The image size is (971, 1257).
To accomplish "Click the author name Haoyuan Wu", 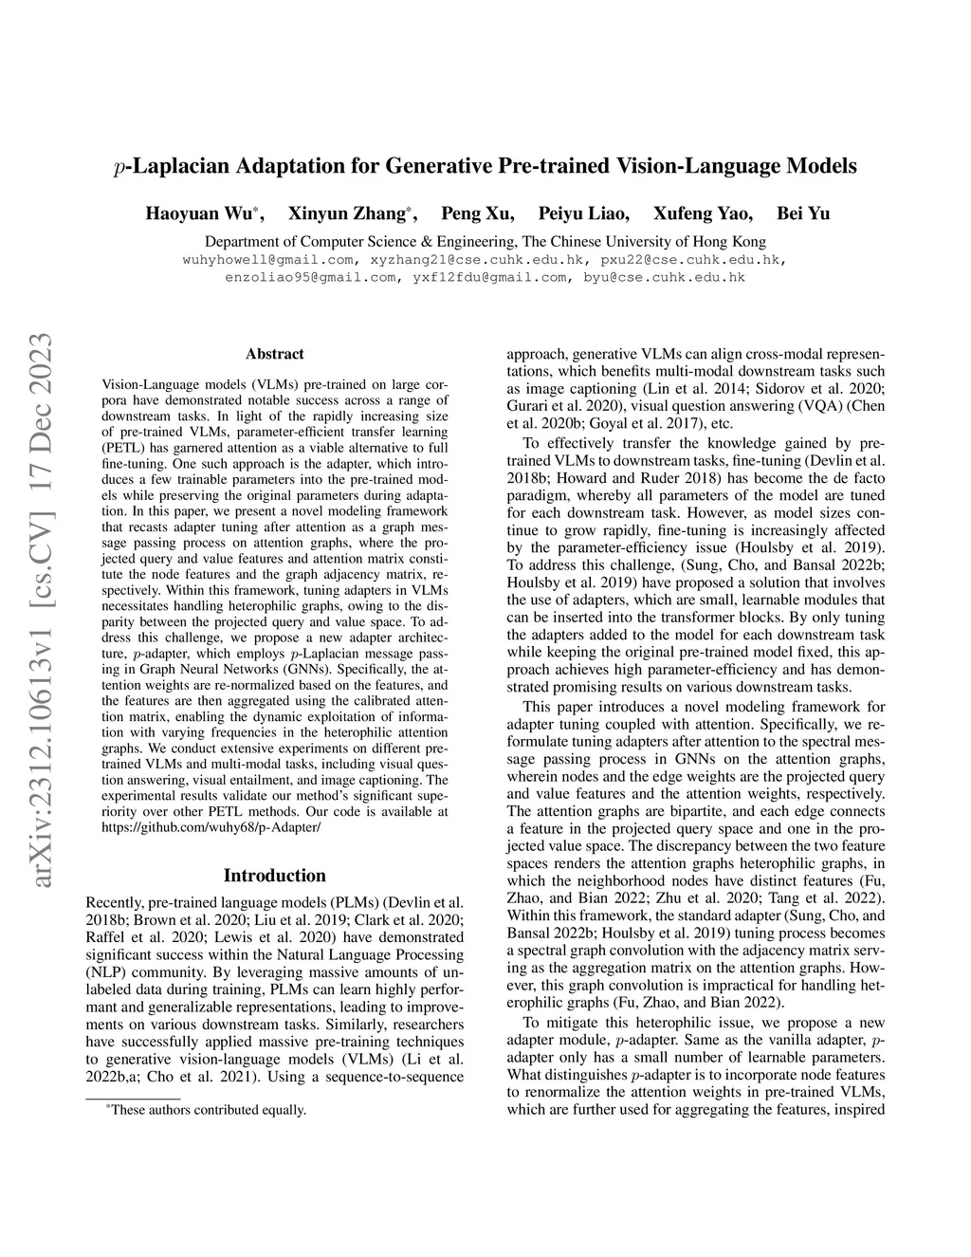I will pos(198,213).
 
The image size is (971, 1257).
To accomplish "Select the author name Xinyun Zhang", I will pos(346,213).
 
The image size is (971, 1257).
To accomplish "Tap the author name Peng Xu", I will pos(478,213).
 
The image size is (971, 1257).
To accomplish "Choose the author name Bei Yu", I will pos(803,213).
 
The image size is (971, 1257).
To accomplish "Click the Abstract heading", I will pos(275,354).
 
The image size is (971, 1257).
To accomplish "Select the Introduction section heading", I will pos(274,876).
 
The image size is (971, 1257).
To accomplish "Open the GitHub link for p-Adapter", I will pos(211,827).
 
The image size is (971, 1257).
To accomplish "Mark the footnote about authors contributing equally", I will pos(208,1110).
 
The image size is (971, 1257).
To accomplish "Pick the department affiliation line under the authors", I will pos(485,241).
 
